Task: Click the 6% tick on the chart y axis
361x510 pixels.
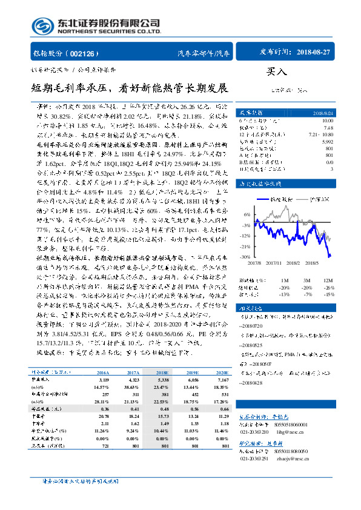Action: click(246, 214)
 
